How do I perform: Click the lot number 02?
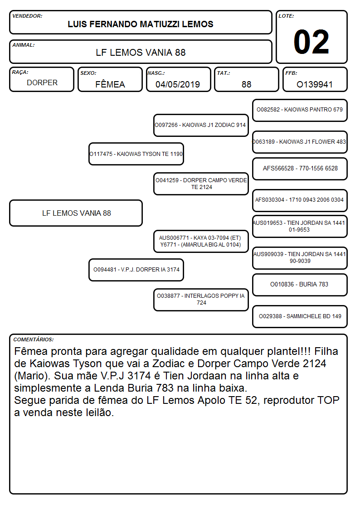311,42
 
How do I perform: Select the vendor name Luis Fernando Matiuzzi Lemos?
141,24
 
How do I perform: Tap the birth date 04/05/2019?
178,84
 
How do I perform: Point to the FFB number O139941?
315,84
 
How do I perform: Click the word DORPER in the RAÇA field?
42,83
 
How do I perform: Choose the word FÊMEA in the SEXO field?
110,84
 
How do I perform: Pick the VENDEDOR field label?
27,16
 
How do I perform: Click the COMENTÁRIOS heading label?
34,339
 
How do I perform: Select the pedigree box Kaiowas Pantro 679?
300,110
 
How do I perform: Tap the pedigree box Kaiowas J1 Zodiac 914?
201,125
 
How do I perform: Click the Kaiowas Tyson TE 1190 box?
136,154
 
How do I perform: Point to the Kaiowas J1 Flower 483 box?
300,142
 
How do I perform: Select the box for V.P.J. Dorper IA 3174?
136,270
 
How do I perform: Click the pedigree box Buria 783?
300,285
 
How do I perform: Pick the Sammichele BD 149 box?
300,316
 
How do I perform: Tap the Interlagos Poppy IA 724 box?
201,300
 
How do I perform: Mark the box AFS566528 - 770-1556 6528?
300,169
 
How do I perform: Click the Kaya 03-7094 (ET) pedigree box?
201,241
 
